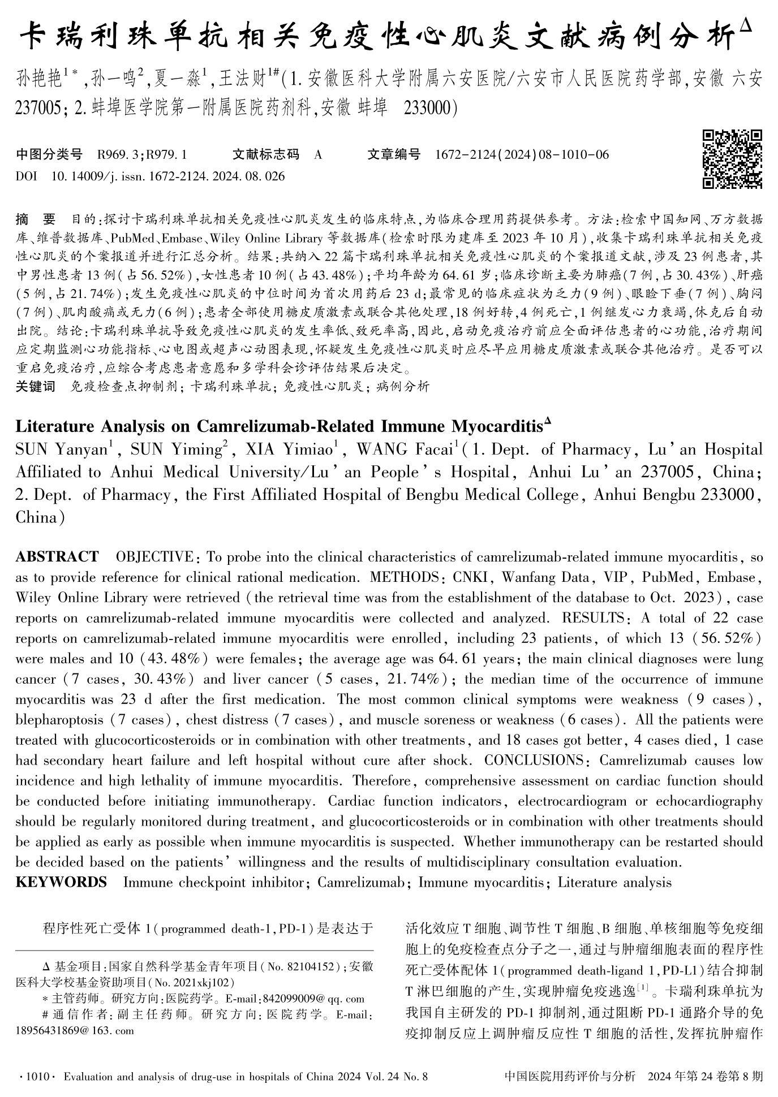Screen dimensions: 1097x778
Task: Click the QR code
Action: tap(732, 159)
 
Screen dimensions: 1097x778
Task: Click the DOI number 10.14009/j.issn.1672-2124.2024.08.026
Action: tap(168, 176)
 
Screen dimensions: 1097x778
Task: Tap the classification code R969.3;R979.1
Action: tap(142, 154)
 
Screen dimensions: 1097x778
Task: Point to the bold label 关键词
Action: tap(36, 387)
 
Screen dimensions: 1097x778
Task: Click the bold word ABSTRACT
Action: tap(57, 557)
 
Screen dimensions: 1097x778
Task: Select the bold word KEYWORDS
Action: tap(61, 883)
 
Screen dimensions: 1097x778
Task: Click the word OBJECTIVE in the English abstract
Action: tap(154, 557)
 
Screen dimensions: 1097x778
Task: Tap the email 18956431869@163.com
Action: tap(75, 1030)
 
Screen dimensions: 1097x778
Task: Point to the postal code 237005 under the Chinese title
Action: tap(35, 107)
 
